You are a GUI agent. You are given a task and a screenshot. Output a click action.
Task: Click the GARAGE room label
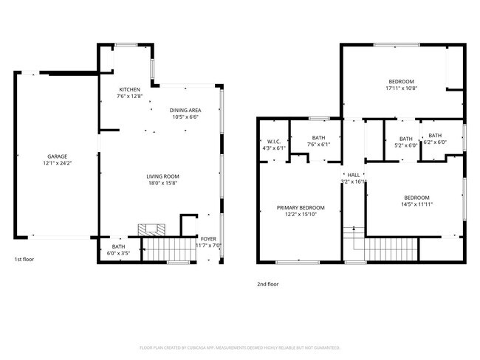click(x=58, y=156)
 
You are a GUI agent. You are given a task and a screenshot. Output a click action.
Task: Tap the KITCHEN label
click(x=129, y=89)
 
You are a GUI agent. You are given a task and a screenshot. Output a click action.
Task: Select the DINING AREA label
click(x=185, y=110)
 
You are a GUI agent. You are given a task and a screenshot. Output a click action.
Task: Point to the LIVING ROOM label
click(x=162, y=176)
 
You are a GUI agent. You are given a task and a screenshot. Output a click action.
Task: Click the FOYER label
click(x=209, y=239)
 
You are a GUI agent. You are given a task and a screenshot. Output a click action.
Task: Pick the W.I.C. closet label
click(x=273, y=141)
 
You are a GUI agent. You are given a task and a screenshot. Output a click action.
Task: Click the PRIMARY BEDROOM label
click(x=301, y=208)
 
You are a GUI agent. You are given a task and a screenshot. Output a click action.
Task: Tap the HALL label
click(x=354, y=175)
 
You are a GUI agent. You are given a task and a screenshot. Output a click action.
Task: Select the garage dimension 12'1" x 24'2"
click(x=58, y=163)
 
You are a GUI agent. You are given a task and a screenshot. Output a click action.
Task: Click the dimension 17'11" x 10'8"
click(x=401, y=88)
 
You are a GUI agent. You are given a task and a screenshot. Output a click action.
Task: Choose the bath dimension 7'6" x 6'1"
click(x=318, y=144)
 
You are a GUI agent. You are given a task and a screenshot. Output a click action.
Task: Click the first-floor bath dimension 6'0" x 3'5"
click(x=119, y=253)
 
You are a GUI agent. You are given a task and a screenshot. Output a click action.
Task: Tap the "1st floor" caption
click(x=24, y=260)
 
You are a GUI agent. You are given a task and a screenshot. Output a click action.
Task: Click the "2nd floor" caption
click(x=268, y=283)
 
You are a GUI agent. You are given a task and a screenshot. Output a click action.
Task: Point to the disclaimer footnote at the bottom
click(x=239, y=347)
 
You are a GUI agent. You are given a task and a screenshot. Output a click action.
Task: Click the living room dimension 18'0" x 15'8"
click(x=162, y=183)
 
